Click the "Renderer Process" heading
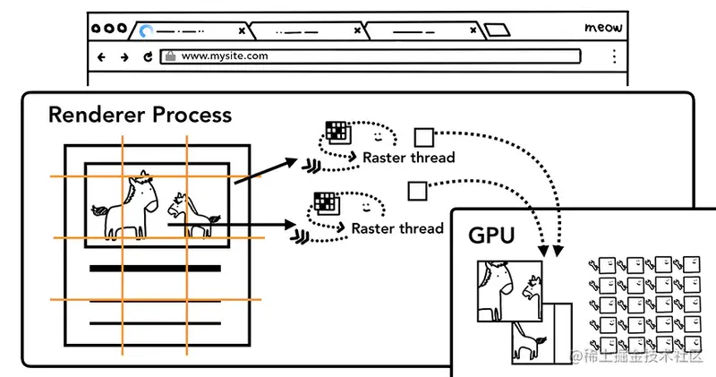tap(140, 115)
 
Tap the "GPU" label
tap(491, 236)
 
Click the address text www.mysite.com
tap(225, 56)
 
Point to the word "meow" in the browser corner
tap(603, 28)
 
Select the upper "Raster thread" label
tap(408, 158)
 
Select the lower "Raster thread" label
tap(397, 228)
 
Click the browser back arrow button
tap(101, 56)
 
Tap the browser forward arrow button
tap(124, 56)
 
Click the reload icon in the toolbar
tap(148, 56)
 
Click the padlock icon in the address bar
tap(169, 56)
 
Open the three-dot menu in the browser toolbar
tap(614, 56)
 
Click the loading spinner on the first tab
tap(145, 30)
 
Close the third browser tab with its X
tap(472, 30)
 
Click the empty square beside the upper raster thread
tap(423, 137)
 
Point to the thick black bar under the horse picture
tap(155, 268)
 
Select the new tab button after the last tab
tap(497, 30)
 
